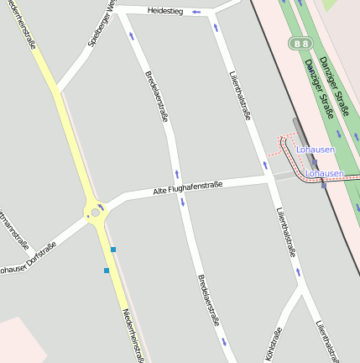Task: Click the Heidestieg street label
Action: click(x=164, y=11)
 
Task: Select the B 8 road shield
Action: click(x=300, y=42)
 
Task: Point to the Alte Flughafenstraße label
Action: click(x=187, y=189)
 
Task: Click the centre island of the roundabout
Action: click(x=96, y=213)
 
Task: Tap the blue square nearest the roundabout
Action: click(x=113, y=249)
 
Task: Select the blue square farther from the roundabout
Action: click(x=107, y=271)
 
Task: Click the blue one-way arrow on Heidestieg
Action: click(x=196, y=12)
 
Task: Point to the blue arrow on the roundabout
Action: click(x=102, y=206)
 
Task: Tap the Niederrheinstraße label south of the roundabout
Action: click(x=132, y=334)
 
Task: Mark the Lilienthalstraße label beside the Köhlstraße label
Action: click(x=327, y=340)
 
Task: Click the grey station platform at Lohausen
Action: click(x=298, y=134)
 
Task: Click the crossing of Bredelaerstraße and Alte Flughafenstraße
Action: click(x=179, y=191)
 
